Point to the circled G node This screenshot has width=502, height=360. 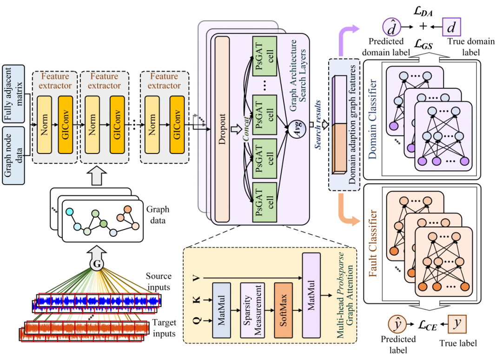97,264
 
